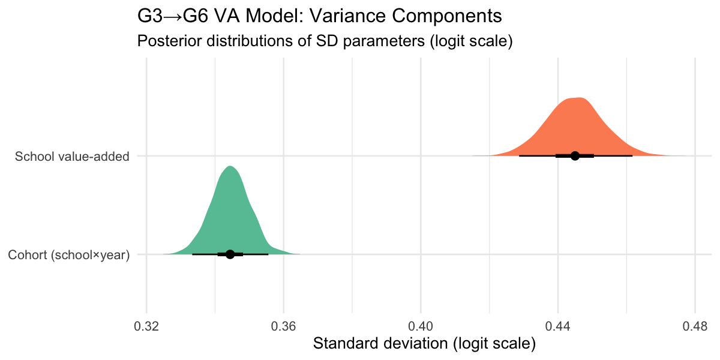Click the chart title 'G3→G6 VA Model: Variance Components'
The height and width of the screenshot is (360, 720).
coord(320,16)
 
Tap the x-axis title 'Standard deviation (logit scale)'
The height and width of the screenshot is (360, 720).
coord(424,344)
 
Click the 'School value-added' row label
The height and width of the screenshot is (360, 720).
coord(72,157)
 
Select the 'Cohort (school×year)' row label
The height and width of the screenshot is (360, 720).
coord(69,255)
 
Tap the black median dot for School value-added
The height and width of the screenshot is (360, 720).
coord(575,156)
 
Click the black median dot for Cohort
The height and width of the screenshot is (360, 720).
coord(230,254)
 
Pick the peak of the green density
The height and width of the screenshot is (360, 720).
coord(230,166)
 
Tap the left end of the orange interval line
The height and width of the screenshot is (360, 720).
coord(520,156)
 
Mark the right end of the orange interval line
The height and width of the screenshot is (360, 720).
coord(632,156)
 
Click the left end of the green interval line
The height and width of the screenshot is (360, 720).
coord(193,254)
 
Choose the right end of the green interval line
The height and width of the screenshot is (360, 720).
coord(268,254)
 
